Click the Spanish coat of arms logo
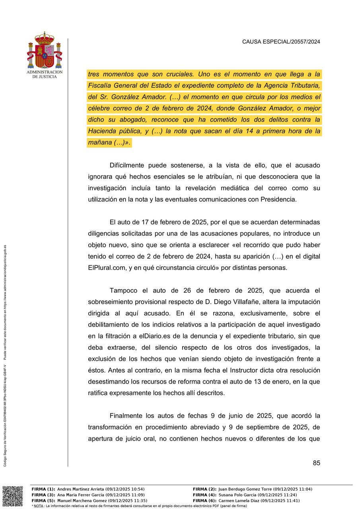click(45, 50)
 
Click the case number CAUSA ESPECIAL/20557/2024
click(281, 41)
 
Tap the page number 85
click(316, 463)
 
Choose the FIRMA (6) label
click(204, 501)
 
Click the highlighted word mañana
click(99, 142)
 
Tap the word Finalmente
click(126, 416)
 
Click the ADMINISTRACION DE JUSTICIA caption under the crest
click(45, 74)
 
